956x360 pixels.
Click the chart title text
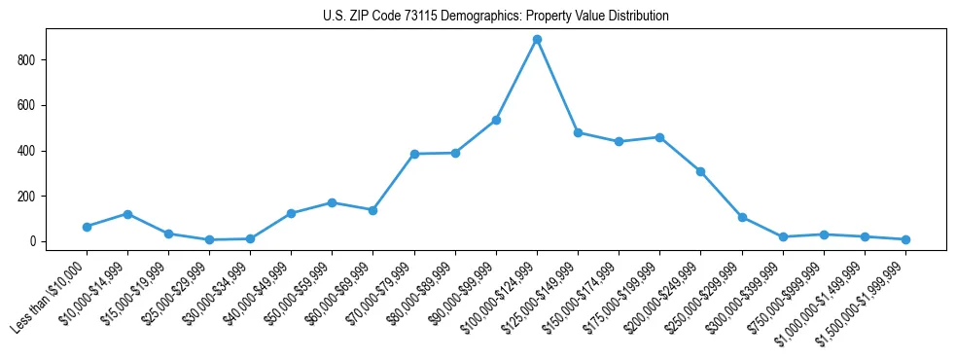pos(495,17)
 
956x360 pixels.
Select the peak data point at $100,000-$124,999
pos(537,40)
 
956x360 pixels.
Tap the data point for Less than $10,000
pos(87,227)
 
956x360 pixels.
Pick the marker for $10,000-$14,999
pos(127,214)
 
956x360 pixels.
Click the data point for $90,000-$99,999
pos(496,120)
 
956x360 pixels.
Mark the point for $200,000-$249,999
pos(700,171)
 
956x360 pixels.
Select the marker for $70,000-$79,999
pos(414,154)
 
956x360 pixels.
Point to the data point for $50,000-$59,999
pos(332,202)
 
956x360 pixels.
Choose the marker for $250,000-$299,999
pos(742,218)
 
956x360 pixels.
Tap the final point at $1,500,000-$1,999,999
pos(905,239)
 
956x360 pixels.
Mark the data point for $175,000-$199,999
pos(659,137)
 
